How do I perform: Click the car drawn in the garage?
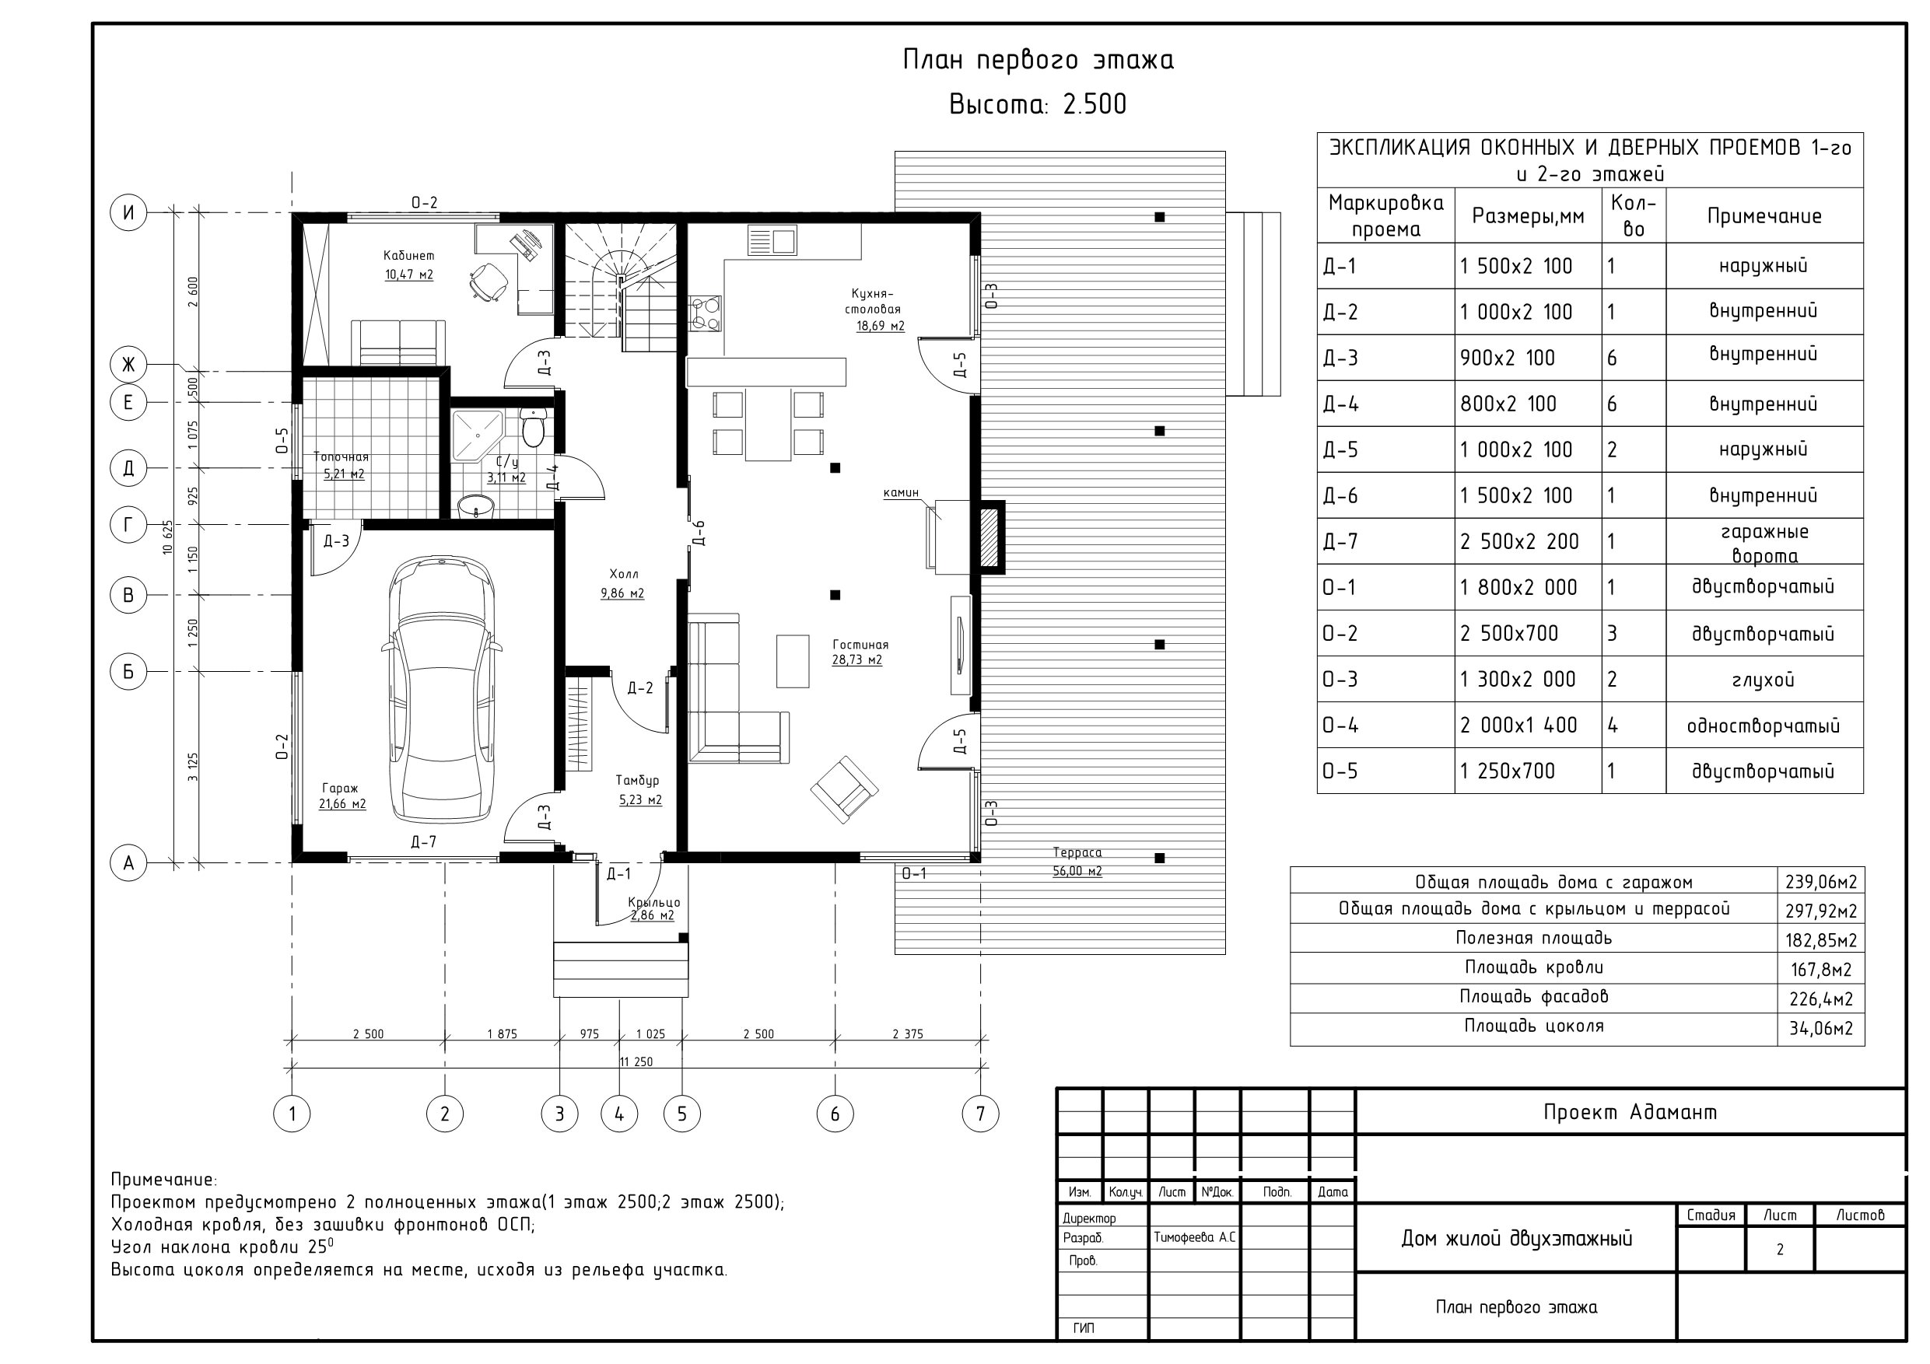coord(441,689)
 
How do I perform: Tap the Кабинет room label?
coord(408,256)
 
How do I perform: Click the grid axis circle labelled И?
coord(128,212)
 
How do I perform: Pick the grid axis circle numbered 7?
coord(980,1114)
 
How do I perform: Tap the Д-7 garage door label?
coord(423,842)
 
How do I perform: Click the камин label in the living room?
coord(901,492)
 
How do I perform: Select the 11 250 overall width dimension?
coord(636,1061)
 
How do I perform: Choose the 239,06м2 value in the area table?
coord(1821,882)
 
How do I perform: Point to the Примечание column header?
coord(1764,216)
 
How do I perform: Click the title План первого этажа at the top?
coord(1039,60)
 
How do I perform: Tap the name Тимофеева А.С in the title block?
coord(1194,1238)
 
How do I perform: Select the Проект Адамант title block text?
coord(1630,1112)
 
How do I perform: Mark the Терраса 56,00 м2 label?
coord(1077,862)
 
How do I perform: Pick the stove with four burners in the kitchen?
coord(705,314)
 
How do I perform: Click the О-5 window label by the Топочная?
coord(282,440)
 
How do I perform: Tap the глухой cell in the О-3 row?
coord(1763,679)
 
